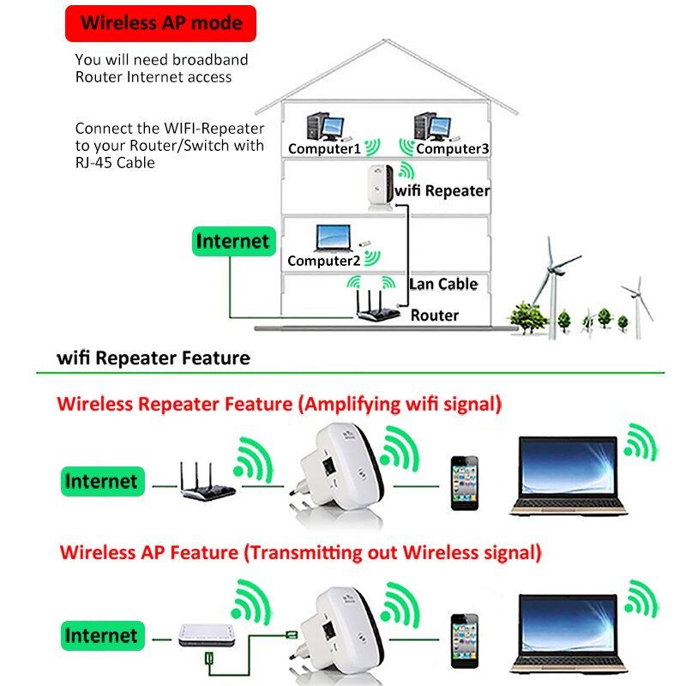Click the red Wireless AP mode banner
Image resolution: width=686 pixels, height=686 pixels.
162,23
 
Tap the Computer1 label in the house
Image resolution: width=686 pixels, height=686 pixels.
324,148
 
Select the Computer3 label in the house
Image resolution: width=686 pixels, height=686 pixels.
453,148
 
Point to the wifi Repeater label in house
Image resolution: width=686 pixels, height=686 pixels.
442,190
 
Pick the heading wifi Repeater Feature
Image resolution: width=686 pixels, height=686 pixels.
153,358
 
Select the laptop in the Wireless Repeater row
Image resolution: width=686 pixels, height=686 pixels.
569,476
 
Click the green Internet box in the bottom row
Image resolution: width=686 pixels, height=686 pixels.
100,635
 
